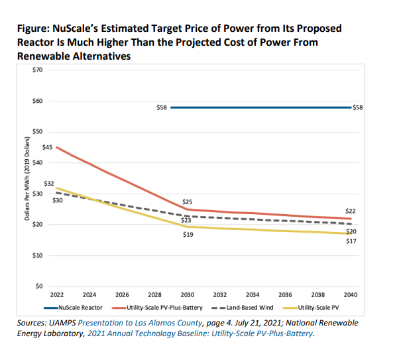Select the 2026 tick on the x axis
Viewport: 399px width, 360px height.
(x=122, y=295)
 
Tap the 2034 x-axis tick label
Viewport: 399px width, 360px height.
(x=253, y=295)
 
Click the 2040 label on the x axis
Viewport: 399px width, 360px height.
(x=351, y=295)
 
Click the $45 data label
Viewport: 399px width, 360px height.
(x=47, y=147)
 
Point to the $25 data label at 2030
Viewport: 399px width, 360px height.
(x=187, y=201)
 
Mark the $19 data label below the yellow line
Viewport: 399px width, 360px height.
(x=187, y=235)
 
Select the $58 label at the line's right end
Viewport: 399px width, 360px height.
(x=359, y=107)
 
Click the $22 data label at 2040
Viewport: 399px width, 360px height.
(x=351, y=210)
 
